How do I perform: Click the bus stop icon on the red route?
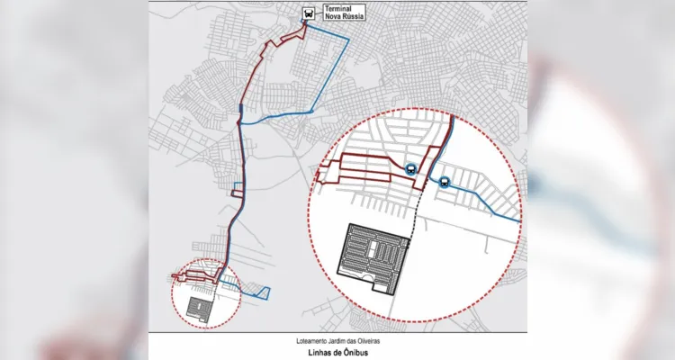point(410,168)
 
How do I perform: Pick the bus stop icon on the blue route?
point(445,180)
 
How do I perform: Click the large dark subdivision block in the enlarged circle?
point(372,256)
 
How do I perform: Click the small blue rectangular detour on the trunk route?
point(236,190)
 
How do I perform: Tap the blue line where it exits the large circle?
point(519,220)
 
